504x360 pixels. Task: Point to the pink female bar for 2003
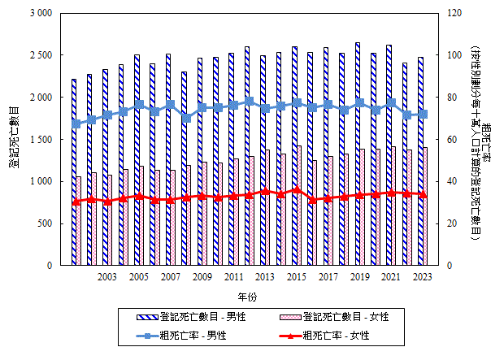[110, 220]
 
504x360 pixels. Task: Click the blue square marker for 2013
[264, 108]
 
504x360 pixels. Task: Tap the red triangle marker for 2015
[296, 189]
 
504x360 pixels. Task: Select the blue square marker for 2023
[423, 114]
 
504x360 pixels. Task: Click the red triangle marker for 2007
[170, 200]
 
